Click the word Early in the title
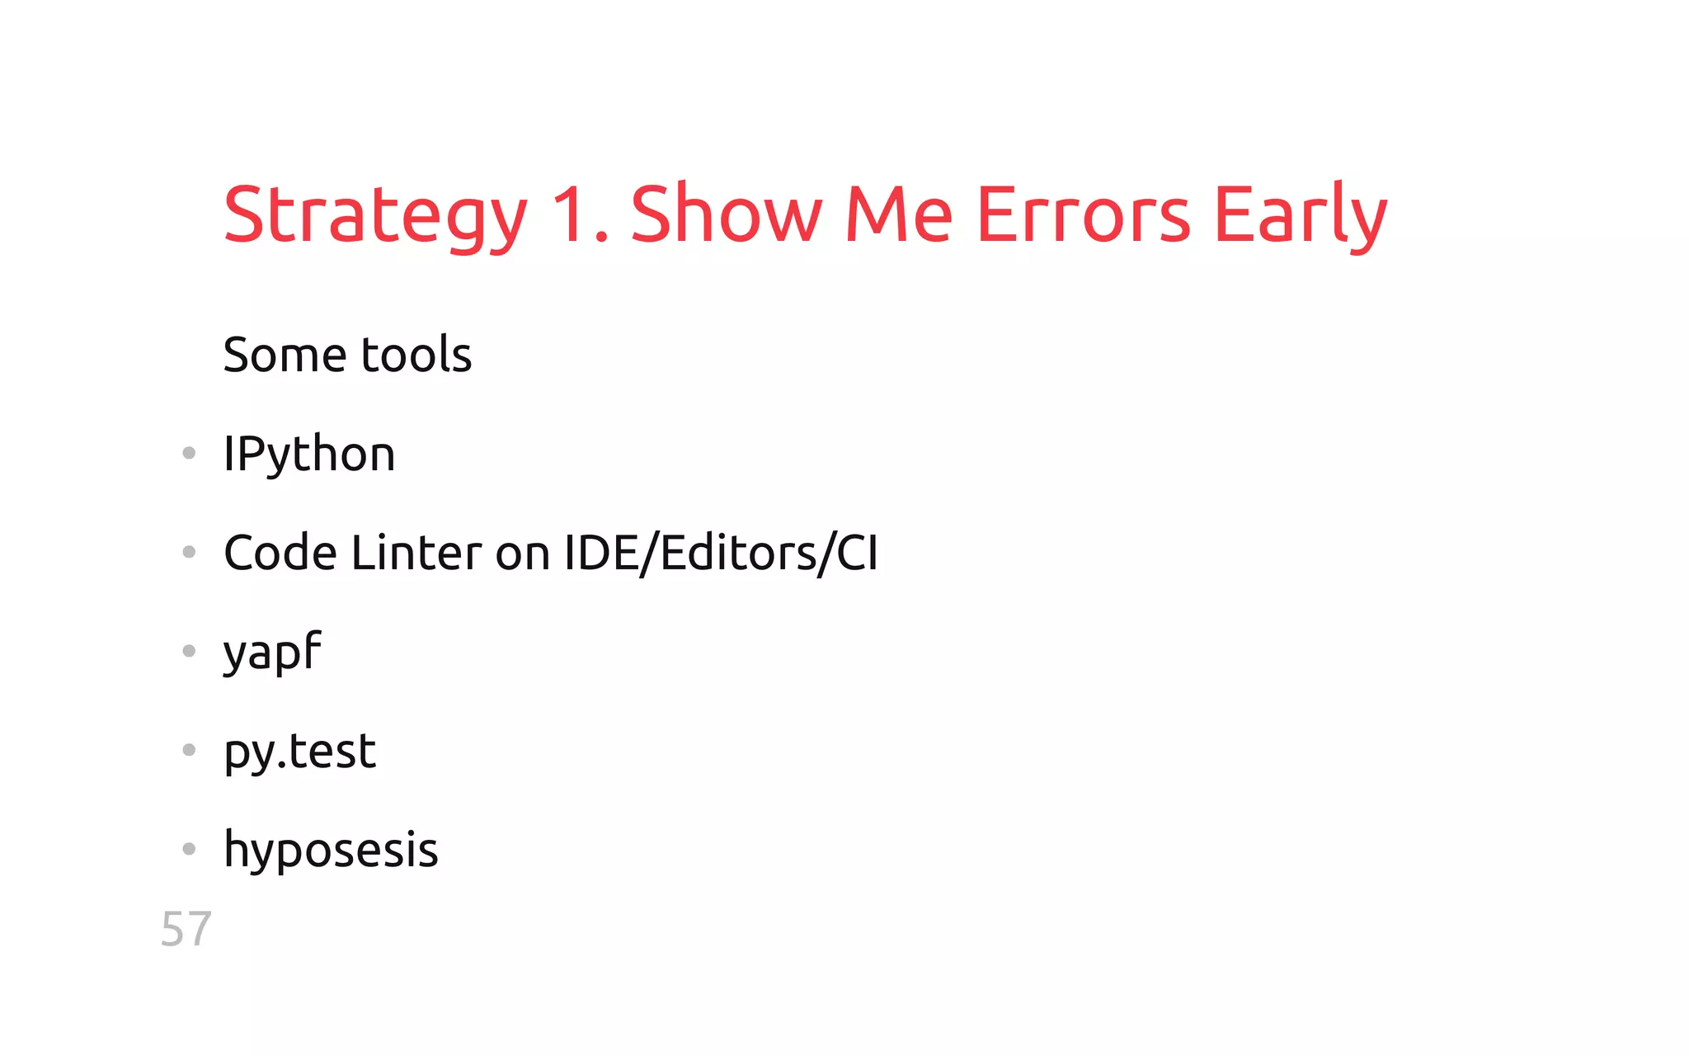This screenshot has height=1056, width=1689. [1301, 216]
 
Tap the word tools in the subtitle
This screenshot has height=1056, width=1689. [416, 355]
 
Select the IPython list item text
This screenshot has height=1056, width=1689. [309, 455]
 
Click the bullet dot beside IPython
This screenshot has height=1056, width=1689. [189, 453]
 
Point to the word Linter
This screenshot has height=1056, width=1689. [416, 553]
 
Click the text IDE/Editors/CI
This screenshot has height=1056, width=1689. [721, 553]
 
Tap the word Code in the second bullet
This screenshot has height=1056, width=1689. [280, 553]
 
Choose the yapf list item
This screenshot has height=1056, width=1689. [272, 653]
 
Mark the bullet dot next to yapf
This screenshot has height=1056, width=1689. [189, 651]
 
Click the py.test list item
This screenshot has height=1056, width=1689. [300, 752]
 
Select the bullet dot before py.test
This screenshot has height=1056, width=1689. [189, 750]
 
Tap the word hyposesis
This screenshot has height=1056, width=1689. [331, 850]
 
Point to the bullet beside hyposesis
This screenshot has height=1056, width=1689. [189, 848]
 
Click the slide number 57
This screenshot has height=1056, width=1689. [186, 929]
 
